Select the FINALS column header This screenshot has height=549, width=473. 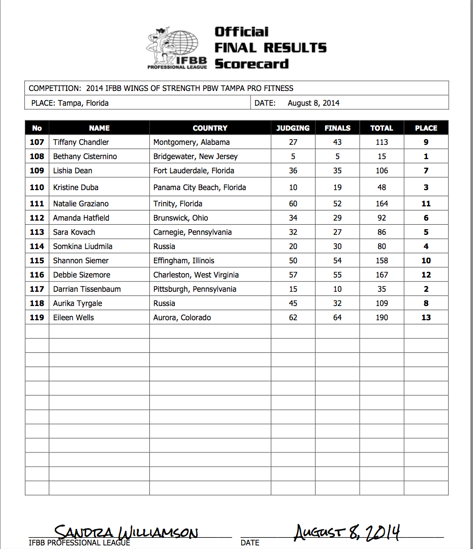pyautogui.click(x=337, y=128)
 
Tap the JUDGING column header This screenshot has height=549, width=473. pyautogui.click(x=293, y=128)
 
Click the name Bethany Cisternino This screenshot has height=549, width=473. pyautogui.click(x=85, y=157)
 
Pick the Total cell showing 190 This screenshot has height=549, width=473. pyautogui.click(x=382, y=318)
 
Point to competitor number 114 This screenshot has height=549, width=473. pyautogui.click(x=37, y=247)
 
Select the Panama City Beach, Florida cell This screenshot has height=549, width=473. pyautogui.click(x=200, y=188)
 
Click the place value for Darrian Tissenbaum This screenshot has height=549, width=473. pyautogui.click(x=426, y=289)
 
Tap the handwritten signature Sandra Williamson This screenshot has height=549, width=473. pyautogui.click(x=126, y=533)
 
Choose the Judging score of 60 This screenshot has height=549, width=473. pyautogui.click(x=293, y=204)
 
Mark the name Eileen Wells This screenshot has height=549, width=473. pyautogui.click(x=74, y=318)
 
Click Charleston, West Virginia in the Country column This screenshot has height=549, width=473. pyautogui.click(x=196, y=275)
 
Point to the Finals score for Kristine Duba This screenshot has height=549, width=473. pyautogui.click(x=337, y=188)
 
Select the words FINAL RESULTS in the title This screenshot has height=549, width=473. pyautogui.click(x=270, y=48)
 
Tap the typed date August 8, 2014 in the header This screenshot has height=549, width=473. pyautogui.click(x=313, y=103)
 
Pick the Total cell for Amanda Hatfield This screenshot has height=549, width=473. pyautogui.click(x=382, y=218)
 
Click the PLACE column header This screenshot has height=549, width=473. pyautogui.click(x=426, y=128)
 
